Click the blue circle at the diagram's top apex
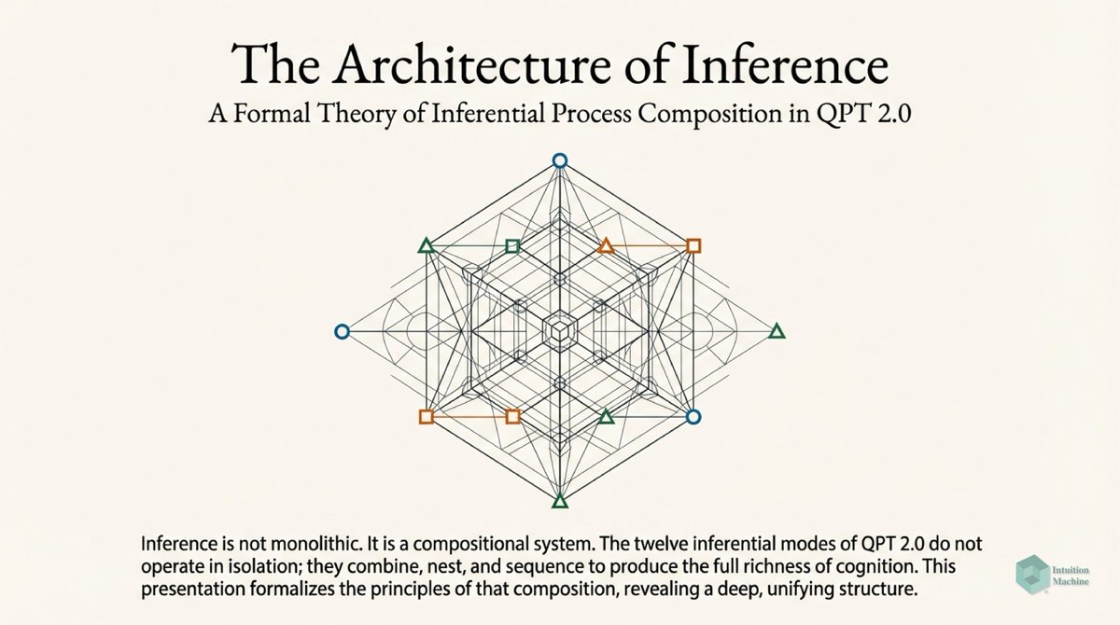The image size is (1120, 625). [559, 160]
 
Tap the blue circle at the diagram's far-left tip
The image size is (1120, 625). [342, 331]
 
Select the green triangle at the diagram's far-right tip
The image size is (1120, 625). [777, 331]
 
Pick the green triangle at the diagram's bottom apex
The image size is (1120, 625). [559, 502]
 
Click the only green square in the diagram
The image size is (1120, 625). [511, 246]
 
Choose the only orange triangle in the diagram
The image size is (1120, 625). [606, 246]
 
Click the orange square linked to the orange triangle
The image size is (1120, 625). [693, 246]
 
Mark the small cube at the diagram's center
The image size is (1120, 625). [559, 331]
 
